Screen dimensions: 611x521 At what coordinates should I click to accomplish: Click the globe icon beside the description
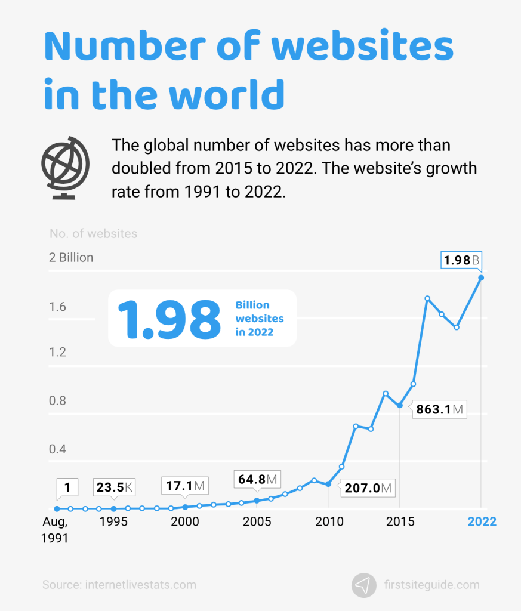point(65,165)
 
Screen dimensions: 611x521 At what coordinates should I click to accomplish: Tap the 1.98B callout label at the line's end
point(461,261)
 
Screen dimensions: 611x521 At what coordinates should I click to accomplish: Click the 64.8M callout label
point(257,479)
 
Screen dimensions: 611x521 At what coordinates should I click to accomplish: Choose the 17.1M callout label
point(185,486)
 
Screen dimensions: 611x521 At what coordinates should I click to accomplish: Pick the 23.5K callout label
point(114,487)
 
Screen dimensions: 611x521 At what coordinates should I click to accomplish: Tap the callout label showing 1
point(67,487)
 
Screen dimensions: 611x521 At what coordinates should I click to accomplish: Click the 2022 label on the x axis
point(482,521)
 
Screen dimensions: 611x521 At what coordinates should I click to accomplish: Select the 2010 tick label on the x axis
point(329,521)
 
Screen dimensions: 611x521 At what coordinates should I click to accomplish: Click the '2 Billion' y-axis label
point(71,258)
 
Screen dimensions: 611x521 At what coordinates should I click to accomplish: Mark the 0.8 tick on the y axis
point(58,401)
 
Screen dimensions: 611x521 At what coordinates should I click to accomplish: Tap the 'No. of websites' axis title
point(93,233)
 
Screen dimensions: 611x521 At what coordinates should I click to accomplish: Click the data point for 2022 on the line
point(481,277)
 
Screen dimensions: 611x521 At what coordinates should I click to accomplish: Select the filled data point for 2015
point(400,406)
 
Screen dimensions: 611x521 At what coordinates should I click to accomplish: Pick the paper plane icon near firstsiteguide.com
point(364,585)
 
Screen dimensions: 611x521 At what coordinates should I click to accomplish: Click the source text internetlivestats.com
point(119,585)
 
